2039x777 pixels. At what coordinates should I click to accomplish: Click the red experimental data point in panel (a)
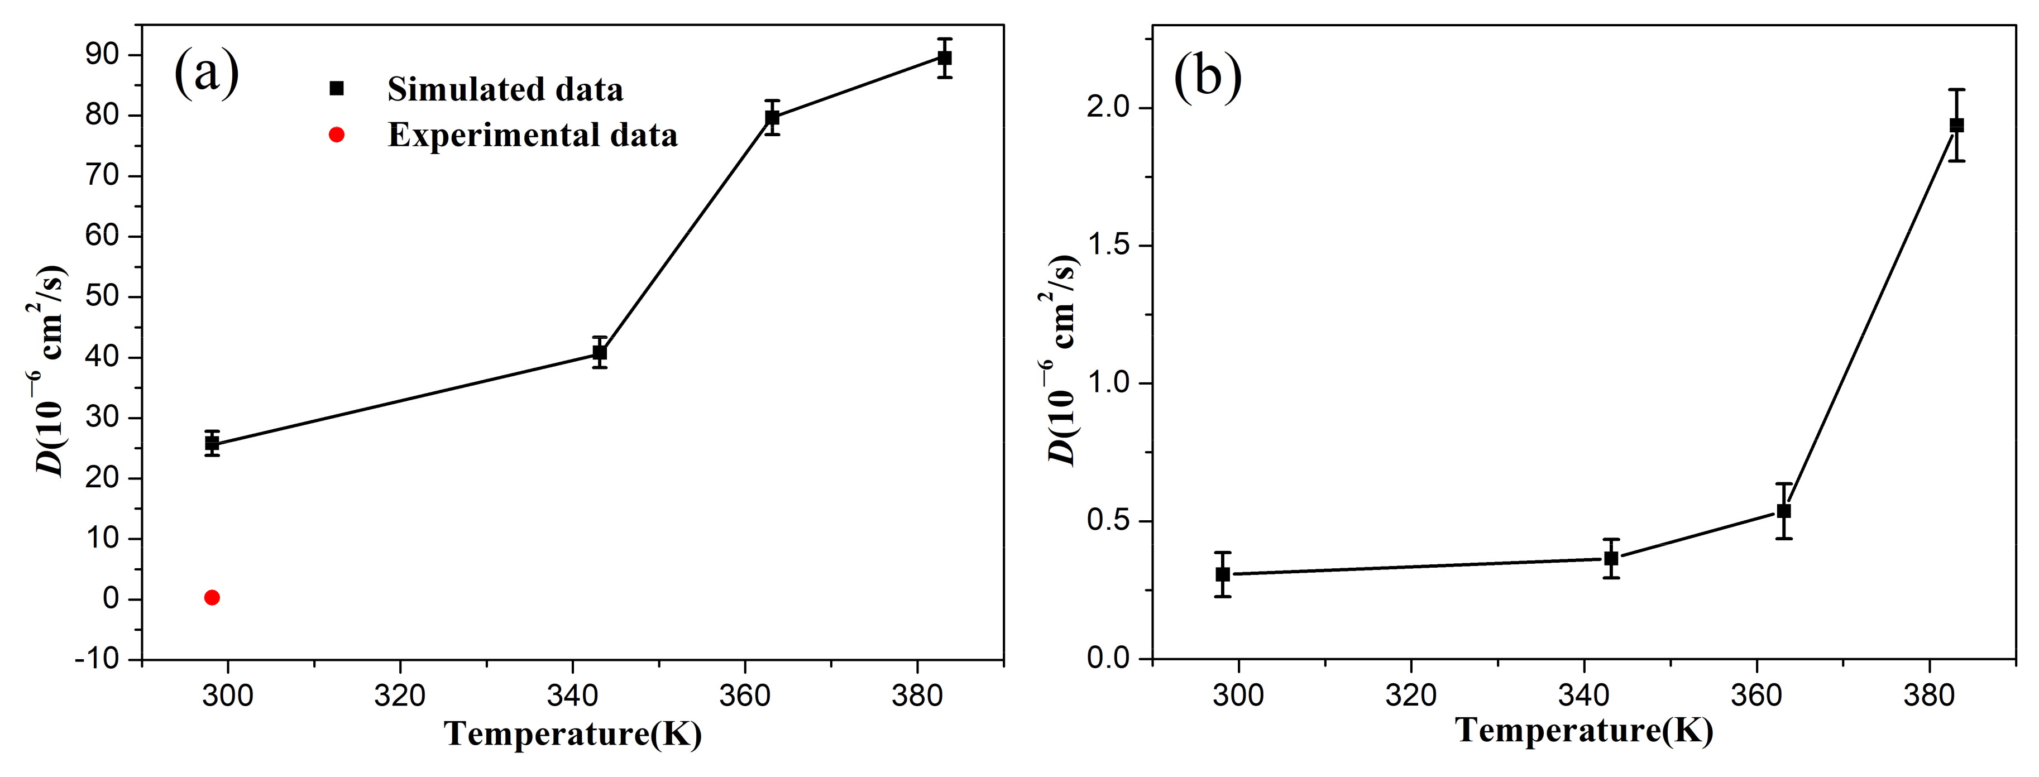(212, 597)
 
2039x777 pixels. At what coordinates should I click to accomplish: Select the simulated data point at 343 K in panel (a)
(600, 352)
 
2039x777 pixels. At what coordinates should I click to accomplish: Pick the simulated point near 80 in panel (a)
(772, 118)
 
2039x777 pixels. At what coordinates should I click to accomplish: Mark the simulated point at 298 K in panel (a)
(212, 443)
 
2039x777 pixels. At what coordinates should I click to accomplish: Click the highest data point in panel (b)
(1957, 125)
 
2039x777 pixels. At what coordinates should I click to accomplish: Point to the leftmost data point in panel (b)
(1223, 574)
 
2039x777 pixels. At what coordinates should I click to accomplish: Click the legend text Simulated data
(505, 89)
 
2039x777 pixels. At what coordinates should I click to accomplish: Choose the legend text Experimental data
(532, 135)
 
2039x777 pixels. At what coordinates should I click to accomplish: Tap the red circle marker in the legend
(337, 135)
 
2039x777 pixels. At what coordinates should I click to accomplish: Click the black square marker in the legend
(337, 89)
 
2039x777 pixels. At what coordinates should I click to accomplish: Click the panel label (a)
(206, 73)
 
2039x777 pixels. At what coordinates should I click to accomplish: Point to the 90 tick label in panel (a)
(102, 55)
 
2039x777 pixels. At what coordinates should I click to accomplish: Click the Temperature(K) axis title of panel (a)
(572, 733)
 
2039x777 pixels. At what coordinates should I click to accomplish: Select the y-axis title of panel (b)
(1061, 360)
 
